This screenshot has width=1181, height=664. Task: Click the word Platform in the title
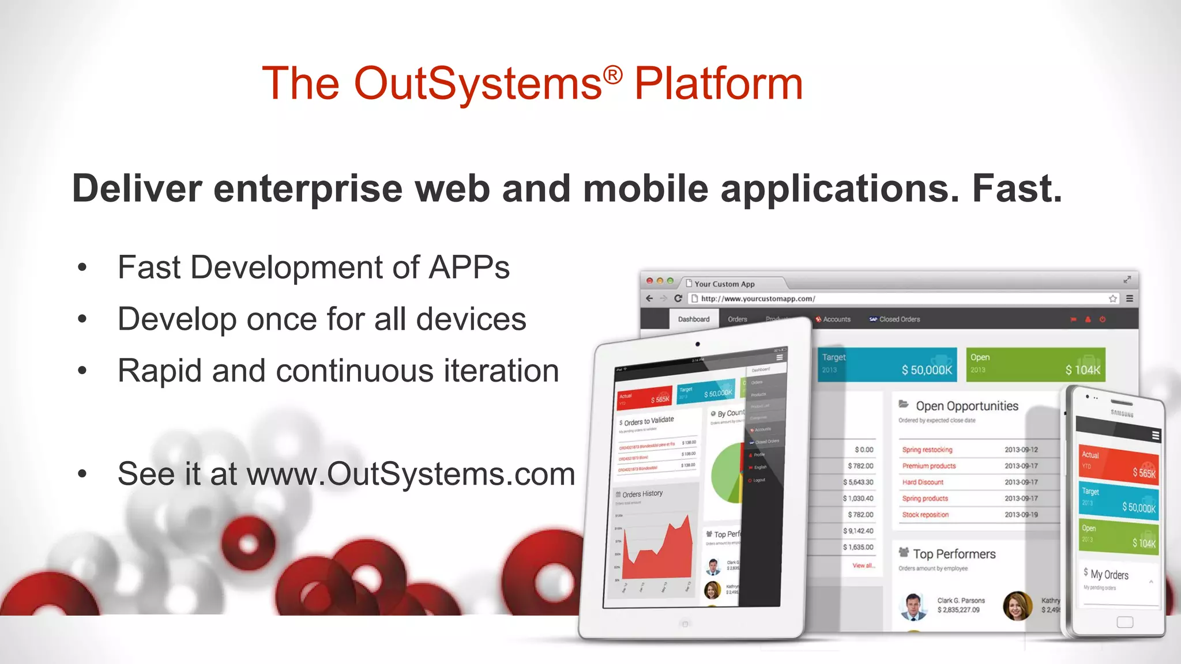tap(718, 84)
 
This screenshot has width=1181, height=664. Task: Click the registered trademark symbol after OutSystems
tap(613, 75)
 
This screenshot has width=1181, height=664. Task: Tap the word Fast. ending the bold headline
tap(1017, 188)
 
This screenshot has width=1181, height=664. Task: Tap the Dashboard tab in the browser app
tap(693, 319)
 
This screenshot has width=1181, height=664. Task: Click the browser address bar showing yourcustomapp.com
tap(900, 299)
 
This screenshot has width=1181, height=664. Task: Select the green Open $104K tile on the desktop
tap(1035, 364)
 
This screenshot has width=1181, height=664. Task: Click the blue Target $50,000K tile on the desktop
tap(887, 364)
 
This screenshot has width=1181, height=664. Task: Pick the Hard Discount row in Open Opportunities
tap(923, 482)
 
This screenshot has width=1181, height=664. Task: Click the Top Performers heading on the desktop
tap(954, 554)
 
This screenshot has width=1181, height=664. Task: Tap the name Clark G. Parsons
tap(961, 601)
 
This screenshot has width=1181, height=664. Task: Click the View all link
tap(863, 565)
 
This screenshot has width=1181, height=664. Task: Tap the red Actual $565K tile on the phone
tap(1118, 464)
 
